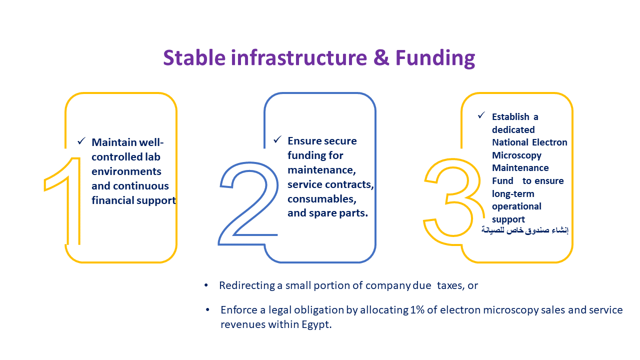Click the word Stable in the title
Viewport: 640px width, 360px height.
[194, 57]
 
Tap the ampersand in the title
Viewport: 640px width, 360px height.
[381, 57]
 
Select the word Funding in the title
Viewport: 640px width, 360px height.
[435, 59]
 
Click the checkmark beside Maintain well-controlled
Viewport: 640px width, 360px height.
[81, 141]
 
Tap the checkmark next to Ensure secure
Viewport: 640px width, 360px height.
[277, 139]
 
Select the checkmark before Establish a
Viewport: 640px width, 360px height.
[481, 115]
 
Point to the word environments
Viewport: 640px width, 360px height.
[126, 171]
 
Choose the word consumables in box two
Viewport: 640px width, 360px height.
[321, 199]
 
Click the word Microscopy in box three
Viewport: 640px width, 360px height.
[516, 155]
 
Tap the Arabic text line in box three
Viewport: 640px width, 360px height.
[525, 230]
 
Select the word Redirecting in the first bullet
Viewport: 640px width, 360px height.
[247, 285]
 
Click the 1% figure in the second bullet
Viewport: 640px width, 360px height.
[417, 310]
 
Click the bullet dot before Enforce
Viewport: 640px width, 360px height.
[207, 309]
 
